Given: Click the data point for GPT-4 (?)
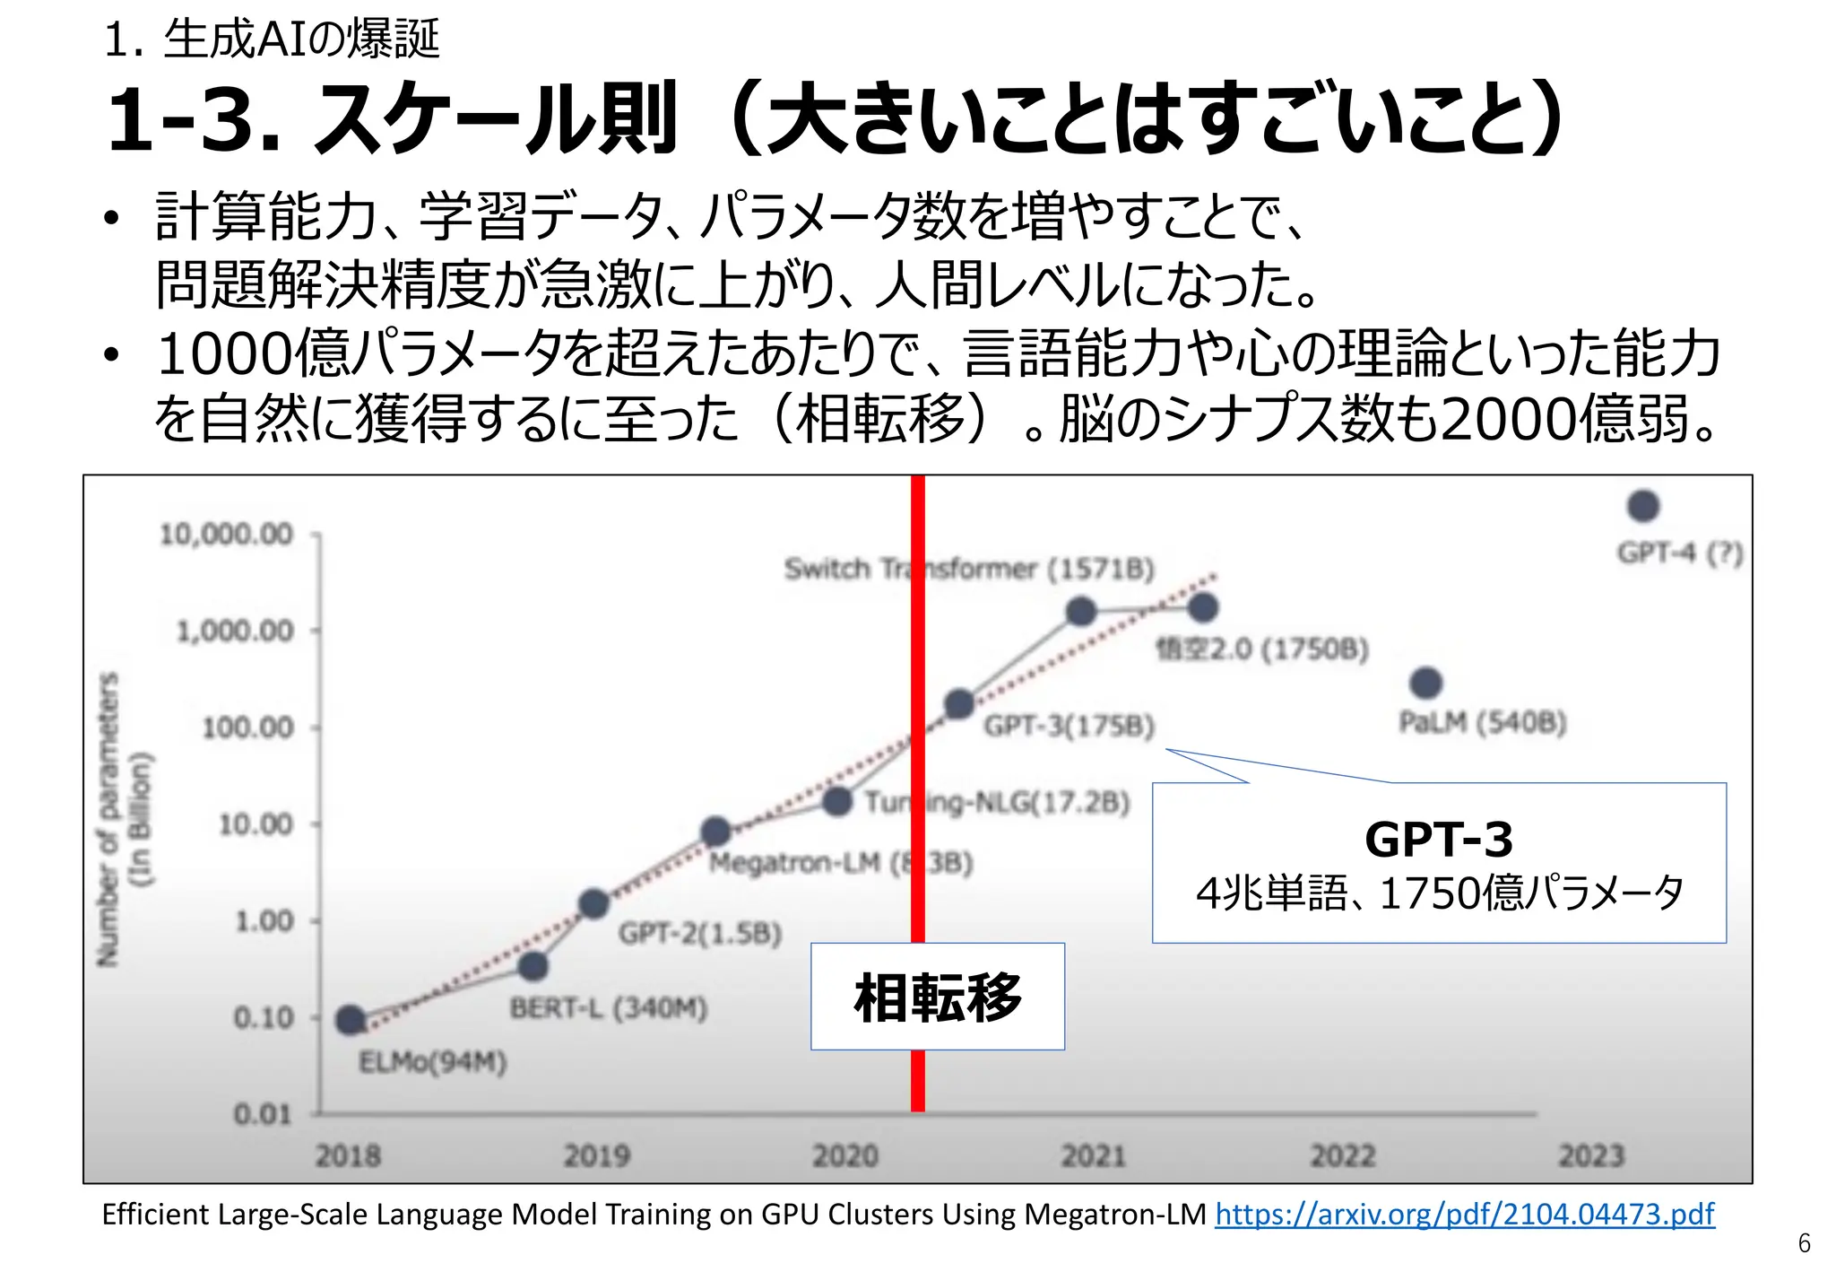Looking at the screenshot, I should pyautogui.click(x=1642, y=506).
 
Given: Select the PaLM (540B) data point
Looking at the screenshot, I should pyautogui.click(x=1425, y=684).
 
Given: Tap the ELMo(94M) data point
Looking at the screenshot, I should pyautogui.click(x=350, y=1020).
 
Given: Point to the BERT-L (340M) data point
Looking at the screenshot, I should pyautogui.click(x=533, y=966).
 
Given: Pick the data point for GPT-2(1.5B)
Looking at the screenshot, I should pyautogui.click(x=593, y=903).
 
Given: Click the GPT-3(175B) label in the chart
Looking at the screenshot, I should pyautogui.click(x=1069, y=725).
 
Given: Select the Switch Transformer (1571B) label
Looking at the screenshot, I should pyautogui.click(x=968, y=569).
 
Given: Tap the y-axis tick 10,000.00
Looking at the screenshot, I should pyautogui.click(x=226, y=535).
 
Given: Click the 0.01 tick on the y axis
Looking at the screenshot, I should pyautogui.click(x=263, y=1114).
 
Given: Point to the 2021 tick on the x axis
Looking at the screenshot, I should pyautogui.click(x=1094, y=1155).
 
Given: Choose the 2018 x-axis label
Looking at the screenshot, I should pyautogui.click(x=348, y=1155).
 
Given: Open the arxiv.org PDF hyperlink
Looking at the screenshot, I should pyautogui.click(x=1464, y=1214).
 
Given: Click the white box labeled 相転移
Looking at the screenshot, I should pyautogui.click(x=937, y=996).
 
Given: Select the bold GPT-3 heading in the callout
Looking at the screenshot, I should pyautogui.click(x=1438, y=840).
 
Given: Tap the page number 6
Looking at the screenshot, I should pyautogui.click(x=1804, y=1243).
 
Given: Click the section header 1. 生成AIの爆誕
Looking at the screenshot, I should pyautogui.click(x=272, y=39).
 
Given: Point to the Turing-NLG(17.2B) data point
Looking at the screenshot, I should pyautogui.click(x=837, y=800).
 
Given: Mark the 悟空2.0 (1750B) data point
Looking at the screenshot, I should pyautogui.click(x=1202, y=608).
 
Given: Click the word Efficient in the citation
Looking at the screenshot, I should pyautogui.click(x=154, y=1214).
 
